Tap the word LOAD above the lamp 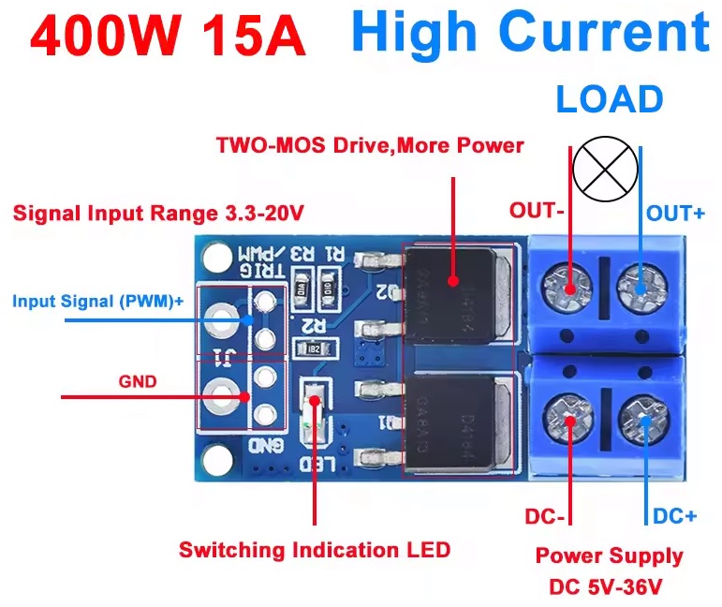tap(610, 99)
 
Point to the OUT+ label tap(676, 214)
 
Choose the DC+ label tap(674, 516)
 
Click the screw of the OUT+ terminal tap(641, 282)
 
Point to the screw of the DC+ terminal tap(641, 412)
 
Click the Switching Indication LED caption tap(315, 550)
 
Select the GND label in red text tap(137, 382)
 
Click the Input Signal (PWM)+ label tap(98, 302)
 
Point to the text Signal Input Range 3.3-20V tap(158, 213)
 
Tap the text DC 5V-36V tap(609, 588)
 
